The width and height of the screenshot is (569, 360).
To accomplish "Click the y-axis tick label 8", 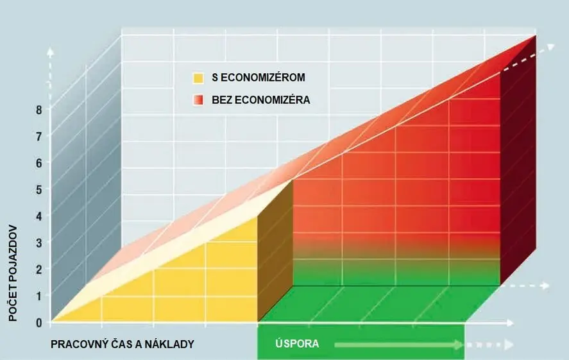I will (39, 110).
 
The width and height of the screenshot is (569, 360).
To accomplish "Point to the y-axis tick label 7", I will (39, 136).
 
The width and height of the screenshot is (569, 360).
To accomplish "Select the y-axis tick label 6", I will (39, 163).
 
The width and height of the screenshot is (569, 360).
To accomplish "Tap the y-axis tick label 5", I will (39, 189).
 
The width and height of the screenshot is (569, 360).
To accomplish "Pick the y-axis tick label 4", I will (39, 216).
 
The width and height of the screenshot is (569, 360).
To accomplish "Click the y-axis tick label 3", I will (39, 243).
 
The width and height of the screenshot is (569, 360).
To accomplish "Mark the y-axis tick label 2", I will (39, 270).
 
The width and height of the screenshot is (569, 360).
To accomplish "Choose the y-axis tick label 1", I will (39, 296).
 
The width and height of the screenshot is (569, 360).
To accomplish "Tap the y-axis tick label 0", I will (39, 322).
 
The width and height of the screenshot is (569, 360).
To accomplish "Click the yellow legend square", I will (198, 78).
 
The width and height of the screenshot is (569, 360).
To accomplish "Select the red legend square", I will (198, 100).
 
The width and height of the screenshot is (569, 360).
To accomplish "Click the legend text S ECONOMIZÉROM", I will (258, 78).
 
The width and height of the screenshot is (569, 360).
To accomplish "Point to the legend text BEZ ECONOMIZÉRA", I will (260, 100).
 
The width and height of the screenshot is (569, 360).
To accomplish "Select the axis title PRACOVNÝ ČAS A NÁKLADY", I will (122, 345).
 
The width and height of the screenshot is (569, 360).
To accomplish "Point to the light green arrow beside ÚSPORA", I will (398, 345).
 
